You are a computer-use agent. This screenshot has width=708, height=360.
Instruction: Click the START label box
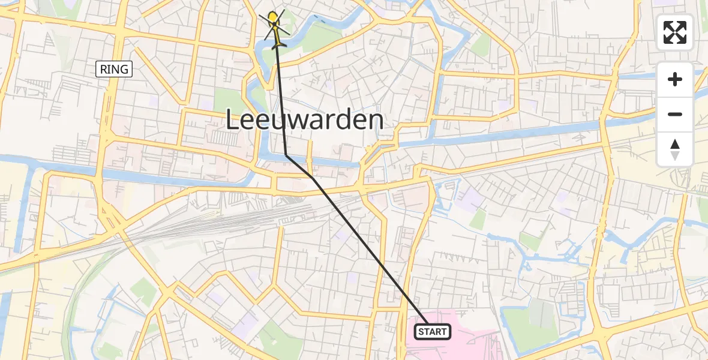433,332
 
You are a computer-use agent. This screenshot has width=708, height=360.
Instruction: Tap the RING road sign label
114,70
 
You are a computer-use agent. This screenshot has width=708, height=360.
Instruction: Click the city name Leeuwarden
305,121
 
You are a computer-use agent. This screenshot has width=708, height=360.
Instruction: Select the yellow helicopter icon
275,27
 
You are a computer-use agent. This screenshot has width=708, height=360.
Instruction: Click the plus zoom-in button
675,79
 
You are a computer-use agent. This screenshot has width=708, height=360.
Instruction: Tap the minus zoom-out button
675,114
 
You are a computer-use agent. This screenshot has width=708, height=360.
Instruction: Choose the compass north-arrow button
675,149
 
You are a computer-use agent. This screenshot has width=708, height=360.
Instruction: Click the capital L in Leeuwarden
234,121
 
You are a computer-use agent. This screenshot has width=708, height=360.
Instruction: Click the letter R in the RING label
103,70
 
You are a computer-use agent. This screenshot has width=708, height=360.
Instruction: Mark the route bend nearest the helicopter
286,156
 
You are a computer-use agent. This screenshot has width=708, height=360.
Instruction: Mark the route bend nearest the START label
313,178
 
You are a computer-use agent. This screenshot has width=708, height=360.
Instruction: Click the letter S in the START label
421,332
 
